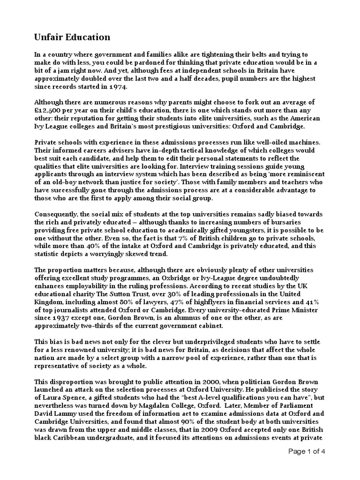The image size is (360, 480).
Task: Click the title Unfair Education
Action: [x=73, y=37]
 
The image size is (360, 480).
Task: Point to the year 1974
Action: [x=118, y=87]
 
